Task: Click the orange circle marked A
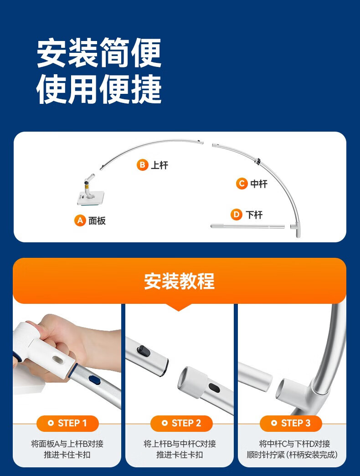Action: point(80,220)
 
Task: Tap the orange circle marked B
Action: point(142,165)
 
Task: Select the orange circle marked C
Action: point(242,184)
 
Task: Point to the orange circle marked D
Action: point(237,215)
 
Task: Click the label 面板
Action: point(97,221)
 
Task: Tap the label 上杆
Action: point(160,165)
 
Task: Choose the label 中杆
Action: point(259,184)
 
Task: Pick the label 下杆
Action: point(254,215)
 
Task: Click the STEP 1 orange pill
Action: point(67,423)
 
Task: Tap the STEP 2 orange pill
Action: point(181,423)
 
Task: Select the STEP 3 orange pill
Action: point(291,423)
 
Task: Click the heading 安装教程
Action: point(179,281)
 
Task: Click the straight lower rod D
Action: point(247,226)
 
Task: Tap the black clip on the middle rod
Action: point(258,161)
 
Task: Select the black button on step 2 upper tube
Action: point(144,351)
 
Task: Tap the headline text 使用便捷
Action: point(99,90)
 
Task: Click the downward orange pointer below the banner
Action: point(179,307)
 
